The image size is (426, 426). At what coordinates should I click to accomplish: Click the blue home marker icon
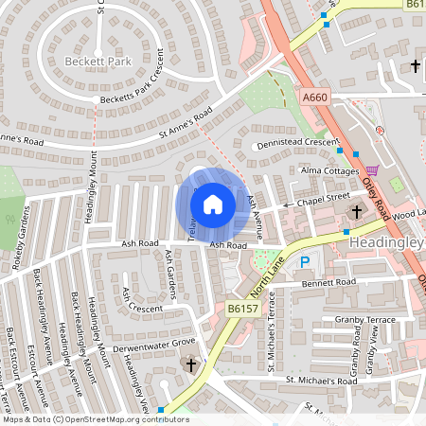[x=213, y=204]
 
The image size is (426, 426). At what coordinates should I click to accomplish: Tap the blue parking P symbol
[x=304, y=261]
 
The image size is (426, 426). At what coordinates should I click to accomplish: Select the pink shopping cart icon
[x=372, y=170]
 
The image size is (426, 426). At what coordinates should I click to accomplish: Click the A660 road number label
[x=314, y=97]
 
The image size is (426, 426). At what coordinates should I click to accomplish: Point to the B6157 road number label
[x=242, y=308]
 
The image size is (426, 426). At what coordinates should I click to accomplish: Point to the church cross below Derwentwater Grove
[x=190, y=364]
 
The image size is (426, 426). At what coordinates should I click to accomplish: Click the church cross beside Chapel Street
[x=357, y=210]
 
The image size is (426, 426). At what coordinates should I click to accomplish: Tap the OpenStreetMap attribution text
[x=95, y=419]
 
